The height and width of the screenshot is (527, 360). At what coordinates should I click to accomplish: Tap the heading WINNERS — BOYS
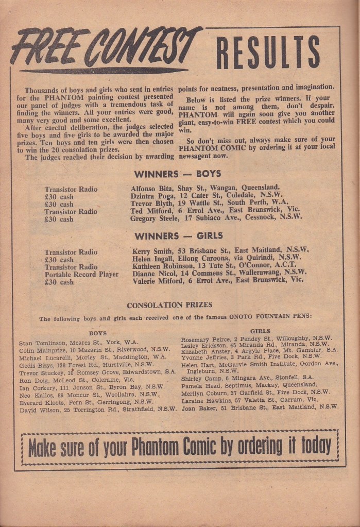178,174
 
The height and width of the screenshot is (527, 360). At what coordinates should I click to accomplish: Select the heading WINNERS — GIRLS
178,236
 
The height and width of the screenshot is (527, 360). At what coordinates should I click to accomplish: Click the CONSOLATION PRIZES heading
169,305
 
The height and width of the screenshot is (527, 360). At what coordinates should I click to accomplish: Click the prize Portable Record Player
81,275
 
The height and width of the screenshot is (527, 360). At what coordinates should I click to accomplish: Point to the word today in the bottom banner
315,445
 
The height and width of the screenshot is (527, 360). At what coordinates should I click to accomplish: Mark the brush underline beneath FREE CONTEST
103,71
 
